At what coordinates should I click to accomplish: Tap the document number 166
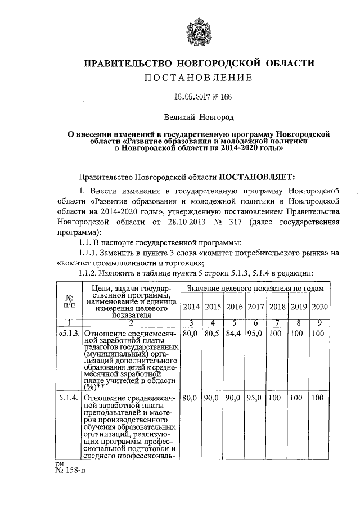[x=225, y=97]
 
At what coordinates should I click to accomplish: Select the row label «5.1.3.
[x=70, y=334]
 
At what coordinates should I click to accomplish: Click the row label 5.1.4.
[x=70, y=398]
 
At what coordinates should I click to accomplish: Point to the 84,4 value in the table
[x=234, y=334]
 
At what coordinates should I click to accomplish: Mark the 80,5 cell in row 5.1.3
[x=213, y=334]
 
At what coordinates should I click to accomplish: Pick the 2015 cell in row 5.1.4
[x=213, y=398]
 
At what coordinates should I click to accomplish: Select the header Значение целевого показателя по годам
[x=255, y=288]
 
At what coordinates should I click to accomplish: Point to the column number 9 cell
[x=319, y=322]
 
